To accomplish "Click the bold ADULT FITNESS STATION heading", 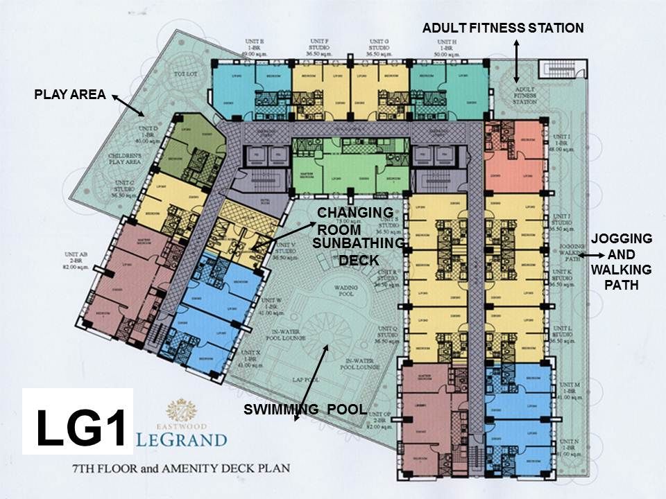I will tap(503, 28).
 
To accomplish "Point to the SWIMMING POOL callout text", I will tap(305, 410).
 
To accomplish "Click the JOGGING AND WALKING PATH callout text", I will tap(621, 261).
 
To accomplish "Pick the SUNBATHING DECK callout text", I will tap(358, 252).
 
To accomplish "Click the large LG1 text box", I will tap(77, 421).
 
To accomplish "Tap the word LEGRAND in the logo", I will tap(182, 439).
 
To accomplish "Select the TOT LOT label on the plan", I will tap(183, 73).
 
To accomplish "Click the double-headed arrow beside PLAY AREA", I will tap(128, 106).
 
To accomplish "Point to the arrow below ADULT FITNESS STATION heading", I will tap(516, 60).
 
